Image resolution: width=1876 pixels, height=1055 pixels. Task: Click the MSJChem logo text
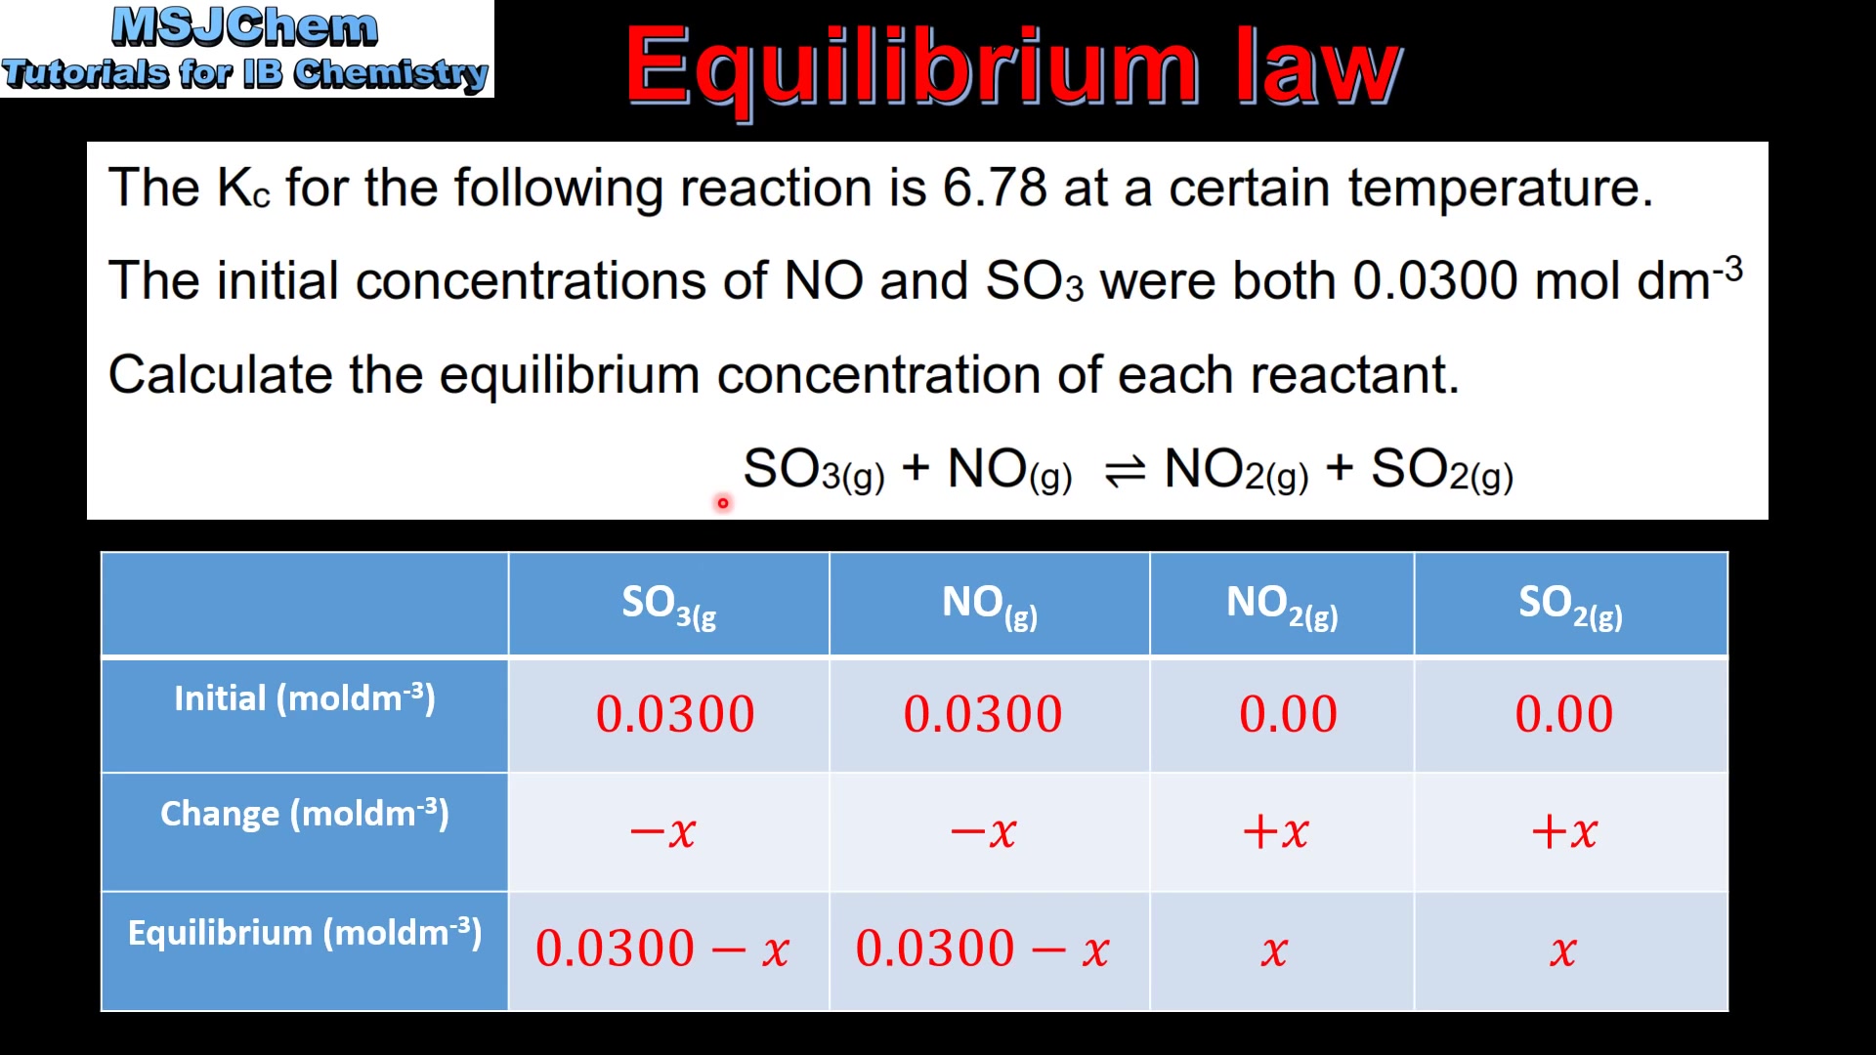coord(244,27)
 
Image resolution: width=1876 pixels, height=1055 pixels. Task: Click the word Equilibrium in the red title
coord(912,66)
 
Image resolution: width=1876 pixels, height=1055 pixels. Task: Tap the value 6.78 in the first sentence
coord(994,188)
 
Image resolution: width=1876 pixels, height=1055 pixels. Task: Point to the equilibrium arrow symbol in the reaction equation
coord(1124,473)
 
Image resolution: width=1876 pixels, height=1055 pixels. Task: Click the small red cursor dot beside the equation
coord(723,503)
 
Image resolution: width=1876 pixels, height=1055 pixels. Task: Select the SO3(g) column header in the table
coord(669,605)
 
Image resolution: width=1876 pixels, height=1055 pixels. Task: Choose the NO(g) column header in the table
coord(989,605)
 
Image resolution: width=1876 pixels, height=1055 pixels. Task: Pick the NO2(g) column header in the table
coord(1282,605)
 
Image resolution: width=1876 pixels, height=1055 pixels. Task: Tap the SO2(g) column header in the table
coord(1570,605)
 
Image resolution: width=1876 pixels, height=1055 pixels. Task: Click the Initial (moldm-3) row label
coord(304,698)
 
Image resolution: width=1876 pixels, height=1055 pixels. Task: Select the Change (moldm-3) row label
coord(304,814)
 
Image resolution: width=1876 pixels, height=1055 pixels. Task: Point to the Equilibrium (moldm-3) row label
coord(304,933)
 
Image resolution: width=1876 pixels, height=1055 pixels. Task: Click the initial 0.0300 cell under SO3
coord(675,714)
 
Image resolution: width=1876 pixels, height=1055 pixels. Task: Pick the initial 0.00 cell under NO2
coord(1288,714)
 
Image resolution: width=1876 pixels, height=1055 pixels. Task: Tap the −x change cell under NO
coord(984,831)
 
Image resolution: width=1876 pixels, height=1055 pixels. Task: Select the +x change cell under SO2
coord(1564,831)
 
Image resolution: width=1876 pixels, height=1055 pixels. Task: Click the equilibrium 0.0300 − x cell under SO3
coord(662,949)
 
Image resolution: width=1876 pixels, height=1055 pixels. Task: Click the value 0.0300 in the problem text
coord(1434,281)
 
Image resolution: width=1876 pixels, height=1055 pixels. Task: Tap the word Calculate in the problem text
coord(220,375)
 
